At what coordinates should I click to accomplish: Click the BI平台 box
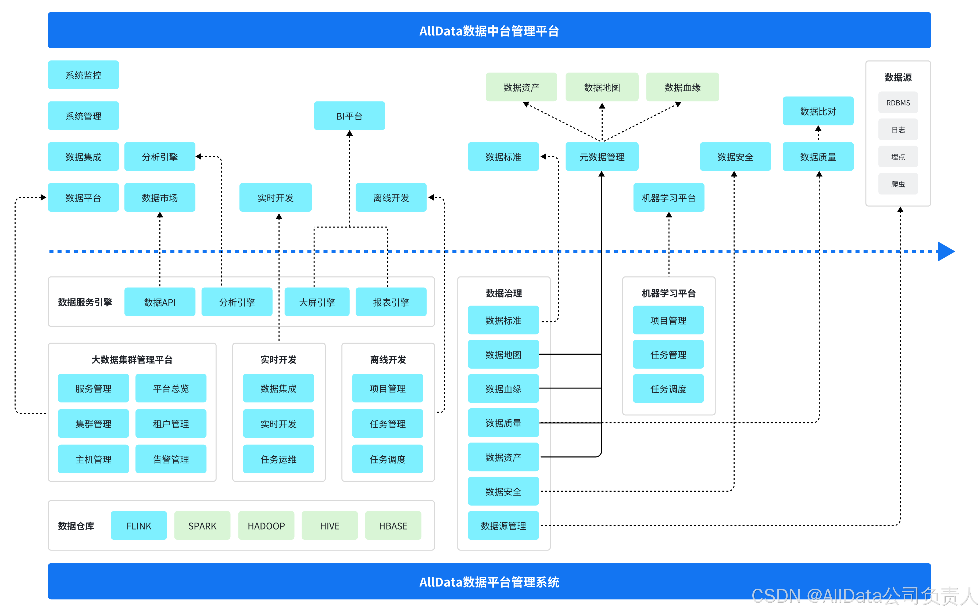tap(349, 116)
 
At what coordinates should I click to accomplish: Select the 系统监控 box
tap(83, 75)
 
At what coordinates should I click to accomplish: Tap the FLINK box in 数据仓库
tap(138, 525)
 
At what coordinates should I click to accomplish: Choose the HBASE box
tap(393, 525)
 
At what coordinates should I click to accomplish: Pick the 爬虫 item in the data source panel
tap(898, 184)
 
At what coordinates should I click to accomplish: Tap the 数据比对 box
tap(818, 111)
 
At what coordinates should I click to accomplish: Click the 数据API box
tap(160, 302)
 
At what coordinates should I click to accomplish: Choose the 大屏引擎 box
tap(317, 302)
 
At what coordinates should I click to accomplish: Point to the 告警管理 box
tap(170, 459)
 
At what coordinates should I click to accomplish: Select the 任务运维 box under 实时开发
tap(278, 459)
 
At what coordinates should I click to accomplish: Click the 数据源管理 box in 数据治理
tap(503, 525)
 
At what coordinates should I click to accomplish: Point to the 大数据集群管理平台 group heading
tap(132, 359)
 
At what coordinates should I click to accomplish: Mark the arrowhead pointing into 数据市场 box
tap(160, 215)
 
